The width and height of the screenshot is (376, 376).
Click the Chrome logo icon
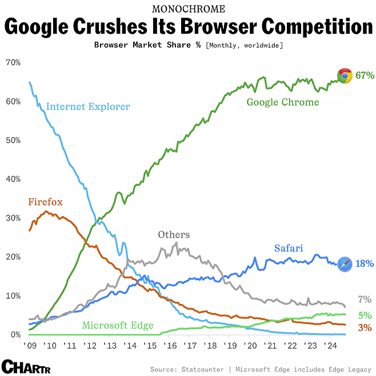345,76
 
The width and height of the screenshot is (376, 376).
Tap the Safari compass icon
345,264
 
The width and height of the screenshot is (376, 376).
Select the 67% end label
365,75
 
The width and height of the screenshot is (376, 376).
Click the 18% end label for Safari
365,264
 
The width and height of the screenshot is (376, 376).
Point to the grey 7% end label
365,299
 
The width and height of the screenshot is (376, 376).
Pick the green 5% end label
365,315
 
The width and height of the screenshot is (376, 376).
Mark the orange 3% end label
365,328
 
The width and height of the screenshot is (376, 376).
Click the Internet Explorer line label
88,106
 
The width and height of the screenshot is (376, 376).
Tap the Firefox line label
45,202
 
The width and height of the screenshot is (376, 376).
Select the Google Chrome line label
282,102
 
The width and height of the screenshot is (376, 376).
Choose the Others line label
174,235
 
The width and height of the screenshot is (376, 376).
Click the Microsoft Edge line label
118,326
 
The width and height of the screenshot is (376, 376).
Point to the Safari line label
288,248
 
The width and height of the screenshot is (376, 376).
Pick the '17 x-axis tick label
190,346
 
